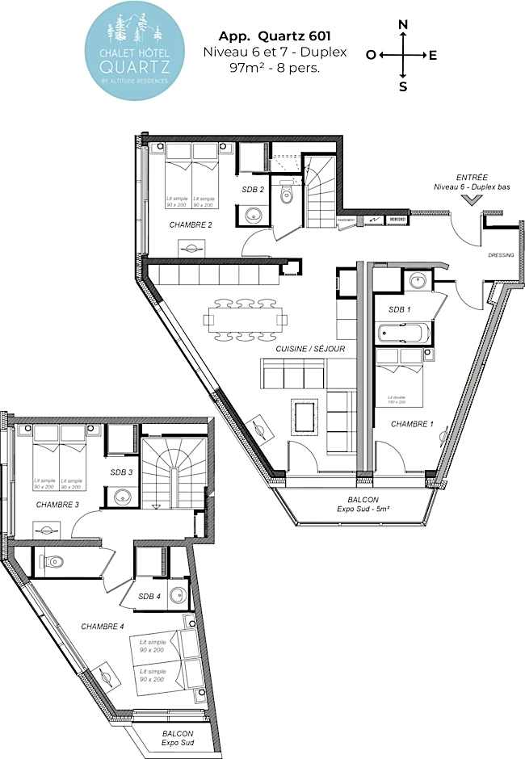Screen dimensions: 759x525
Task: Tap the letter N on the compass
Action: (x=402, y=24)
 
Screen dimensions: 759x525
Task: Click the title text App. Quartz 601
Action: (x=275, y=36)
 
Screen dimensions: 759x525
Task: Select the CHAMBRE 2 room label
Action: (x=191, y=224)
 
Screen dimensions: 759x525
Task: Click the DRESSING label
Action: (x=501, y=255)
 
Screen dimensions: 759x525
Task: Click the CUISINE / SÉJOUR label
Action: (x=310, y=349)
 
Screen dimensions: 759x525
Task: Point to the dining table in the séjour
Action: (x=246, y=318)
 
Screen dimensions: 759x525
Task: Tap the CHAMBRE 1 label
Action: (x=412, y=423)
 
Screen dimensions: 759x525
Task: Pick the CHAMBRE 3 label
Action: (x=57, y=505)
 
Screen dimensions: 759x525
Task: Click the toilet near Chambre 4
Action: (x=53, y=561)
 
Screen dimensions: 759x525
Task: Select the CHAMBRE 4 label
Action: (x=103, y=626)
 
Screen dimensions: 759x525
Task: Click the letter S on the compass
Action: (x=402, y=86)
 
